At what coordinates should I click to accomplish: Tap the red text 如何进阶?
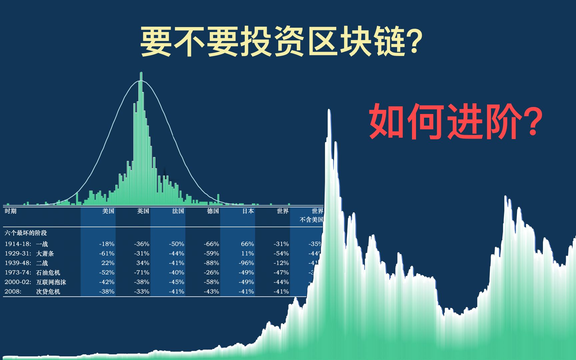click(456, 121)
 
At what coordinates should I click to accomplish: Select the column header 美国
click(108, 211)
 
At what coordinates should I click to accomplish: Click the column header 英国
click(143, 211)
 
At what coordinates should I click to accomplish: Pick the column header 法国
click(178, 211)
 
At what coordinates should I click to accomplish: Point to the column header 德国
click(213, 211)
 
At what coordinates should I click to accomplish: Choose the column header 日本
click(248, 211)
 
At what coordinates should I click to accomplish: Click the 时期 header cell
click(11, 211)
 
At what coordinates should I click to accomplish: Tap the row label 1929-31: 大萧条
click(29, 254)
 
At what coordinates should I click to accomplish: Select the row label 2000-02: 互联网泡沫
click(35, 282)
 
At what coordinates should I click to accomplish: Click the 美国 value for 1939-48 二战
click(108, 263)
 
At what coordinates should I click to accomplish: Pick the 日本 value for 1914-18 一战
click(247, 244)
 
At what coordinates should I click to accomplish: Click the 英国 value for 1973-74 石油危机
click(142, 273)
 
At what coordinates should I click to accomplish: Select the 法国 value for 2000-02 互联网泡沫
click(176, 282)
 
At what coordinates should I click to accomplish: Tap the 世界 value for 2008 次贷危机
click(281, 292)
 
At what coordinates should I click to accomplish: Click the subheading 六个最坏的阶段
click(26, 233)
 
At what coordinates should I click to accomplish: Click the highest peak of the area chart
click(329, 111)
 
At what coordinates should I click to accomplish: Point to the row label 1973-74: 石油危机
click(32, 273)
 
